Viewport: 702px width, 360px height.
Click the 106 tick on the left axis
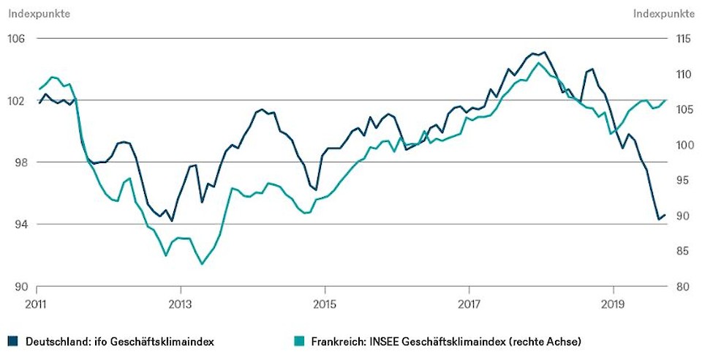[x=15, y=38]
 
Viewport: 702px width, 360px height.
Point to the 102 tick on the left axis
[x=15, y=100]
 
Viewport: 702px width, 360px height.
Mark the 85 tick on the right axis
[x=683, y=252]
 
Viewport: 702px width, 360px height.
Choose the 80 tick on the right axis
[x=683, y=287]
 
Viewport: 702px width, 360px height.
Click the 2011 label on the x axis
[x=37, y=303]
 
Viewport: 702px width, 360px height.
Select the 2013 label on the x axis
[x=180, y=303]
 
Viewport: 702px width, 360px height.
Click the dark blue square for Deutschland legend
[x=13, y=341]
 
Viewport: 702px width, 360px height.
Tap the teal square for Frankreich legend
[x=297, y=341]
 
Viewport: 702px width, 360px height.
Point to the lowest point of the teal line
[x=202, y=263]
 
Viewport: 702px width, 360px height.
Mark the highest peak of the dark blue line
[x=543, y=52]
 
